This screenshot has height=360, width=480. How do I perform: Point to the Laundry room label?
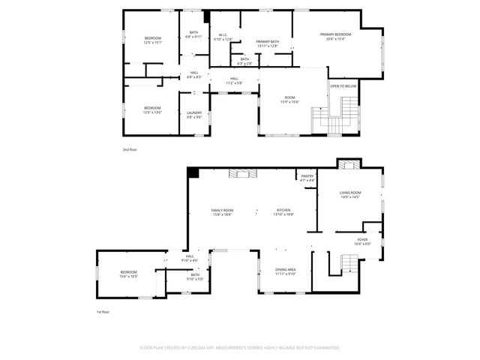[x=194, y=115]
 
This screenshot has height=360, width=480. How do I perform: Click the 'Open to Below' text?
[x=343, y=86]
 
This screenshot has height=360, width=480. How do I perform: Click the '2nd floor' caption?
[x=130, y=149]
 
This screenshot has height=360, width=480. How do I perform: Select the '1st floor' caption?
[x=103, y=311]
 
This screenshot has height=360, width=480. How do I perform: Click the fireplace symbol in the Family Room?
[x=242, y=174]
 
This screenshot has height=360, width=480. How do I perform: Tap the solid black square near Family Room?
[x=193, y=172]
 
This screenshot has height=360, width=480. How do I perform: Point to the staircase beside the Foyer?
[x=348, y=263]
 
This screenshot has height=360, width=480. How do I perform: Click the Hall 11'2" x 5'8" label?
[x=234, y=80]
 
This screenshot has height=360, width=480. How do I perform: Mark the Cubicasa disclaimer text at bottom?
[x=240, y=347]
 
